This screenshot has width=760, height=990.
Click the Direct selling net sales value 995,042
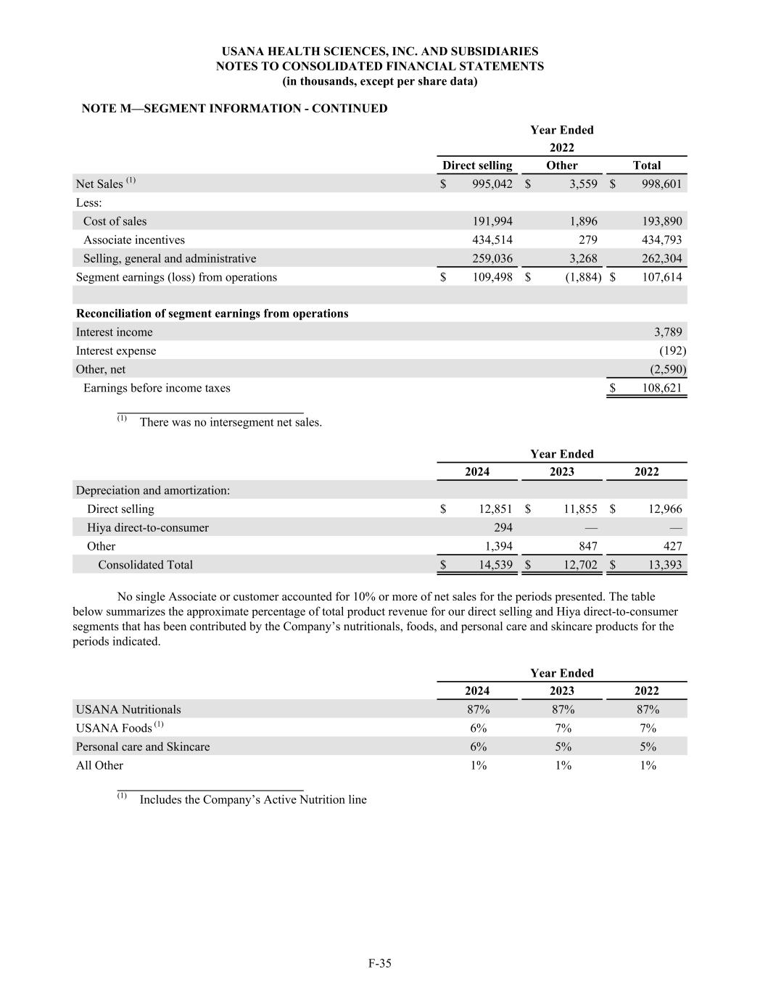(x=492, y=184)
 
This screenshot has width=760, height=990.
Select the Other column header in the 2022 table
(x=562, y=165)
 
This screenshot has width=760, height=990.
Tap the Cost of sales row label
(x=115, y=221)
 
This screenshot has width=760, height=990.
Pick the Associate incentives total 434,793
(x=661, y=240)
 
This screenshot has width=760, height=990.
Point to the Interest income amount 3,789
(x=667, y=332)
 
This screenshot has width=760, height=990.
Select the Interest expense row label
(x=116, y=351)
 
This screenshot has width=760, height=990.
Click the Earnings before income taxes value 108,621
(x=661, y=388)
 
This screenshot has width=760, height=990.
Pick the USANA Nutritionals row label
(x=128, y=709)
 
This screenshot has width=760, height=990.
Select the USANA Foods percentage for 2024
(x=478, y=728)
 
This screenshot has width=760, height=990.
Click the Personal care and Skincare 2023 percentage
(x=563, y=747)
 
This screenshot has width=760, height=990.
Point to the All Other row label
(x=99, y=765)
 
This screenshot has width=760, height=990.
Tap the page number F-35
(x=380, y=964)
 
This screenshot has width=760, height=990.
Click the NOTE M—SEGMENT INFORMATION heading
(x=234, y=109)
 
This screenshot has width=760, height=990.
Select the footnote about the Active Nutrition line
(x=253, y=800)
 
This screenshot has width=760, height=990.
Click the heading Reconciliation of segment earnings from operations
(x=212, y=314)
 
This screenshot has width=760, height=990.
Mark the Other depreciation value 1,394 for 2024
(x=497, y=546)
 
